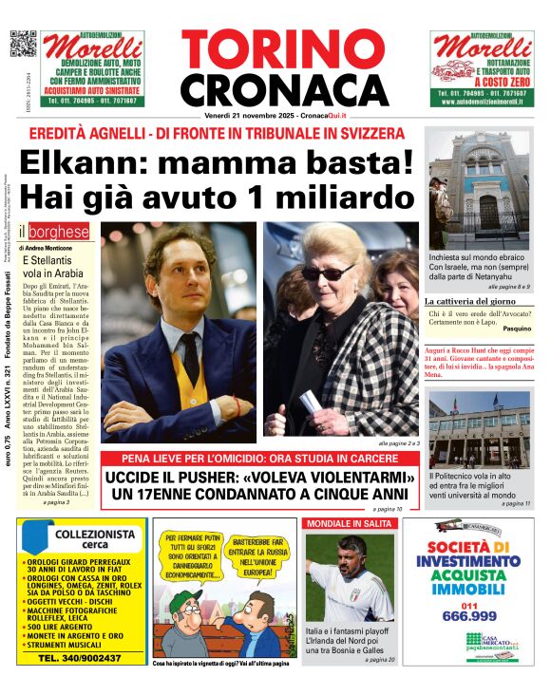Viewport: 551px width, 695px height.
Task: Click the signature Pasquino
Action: (517, 328)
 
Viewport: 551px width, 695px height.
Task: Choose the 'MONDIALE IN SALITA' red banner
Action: (347, 523)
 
